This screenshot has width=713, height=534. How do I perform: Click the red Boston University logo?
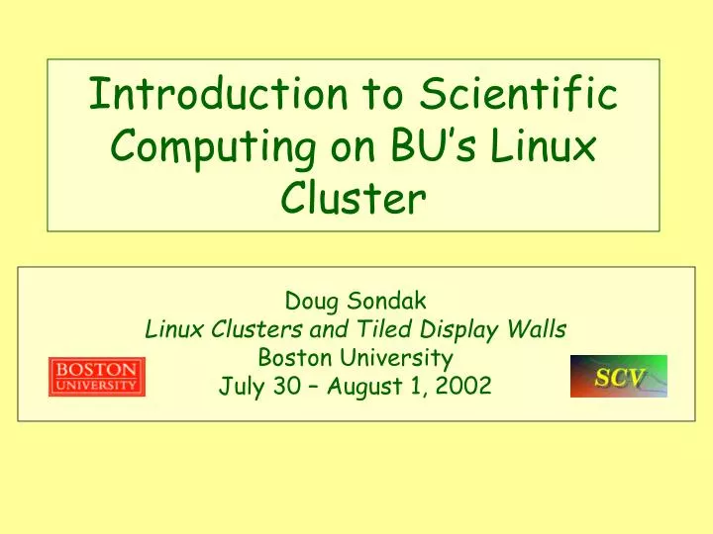[x=97, y=377]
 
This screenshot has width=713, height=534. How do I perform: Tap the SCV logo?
[x=618, y=376]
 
